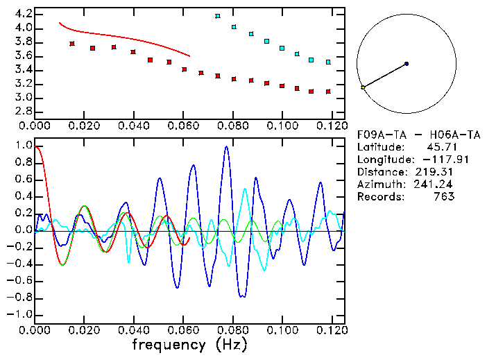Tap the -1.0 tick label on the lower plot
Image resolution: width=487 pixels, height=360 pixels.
(19, 314)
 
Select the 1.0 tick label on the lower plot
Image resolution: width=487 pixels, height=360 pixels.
(22, 146)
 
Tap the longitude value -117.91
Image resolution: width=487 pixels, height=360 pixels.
(434, 159)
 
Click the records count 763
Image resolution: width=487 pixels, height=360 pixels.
(443, 196)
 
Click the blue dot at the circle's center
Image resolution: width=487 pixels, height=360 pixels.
(407, 64)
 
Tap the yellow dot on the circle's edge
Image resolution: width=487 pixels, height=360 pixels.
(363, 87)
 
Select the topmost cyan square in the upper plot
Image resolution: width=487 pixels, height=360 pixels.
(218, 16)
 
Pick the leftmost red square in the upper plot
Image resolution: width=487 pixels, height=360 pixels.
(72, 44)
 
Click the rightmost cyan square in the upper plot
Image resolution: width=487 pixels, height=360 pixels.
(328, 62)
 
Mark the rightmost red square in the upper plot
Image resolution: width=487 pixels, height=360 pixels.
(328, 92)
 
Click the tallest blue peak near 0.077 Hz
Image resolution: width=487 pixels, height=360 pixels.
(226, 147)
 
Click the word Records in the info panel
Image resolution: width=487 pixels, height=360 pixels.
(379, 196)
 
